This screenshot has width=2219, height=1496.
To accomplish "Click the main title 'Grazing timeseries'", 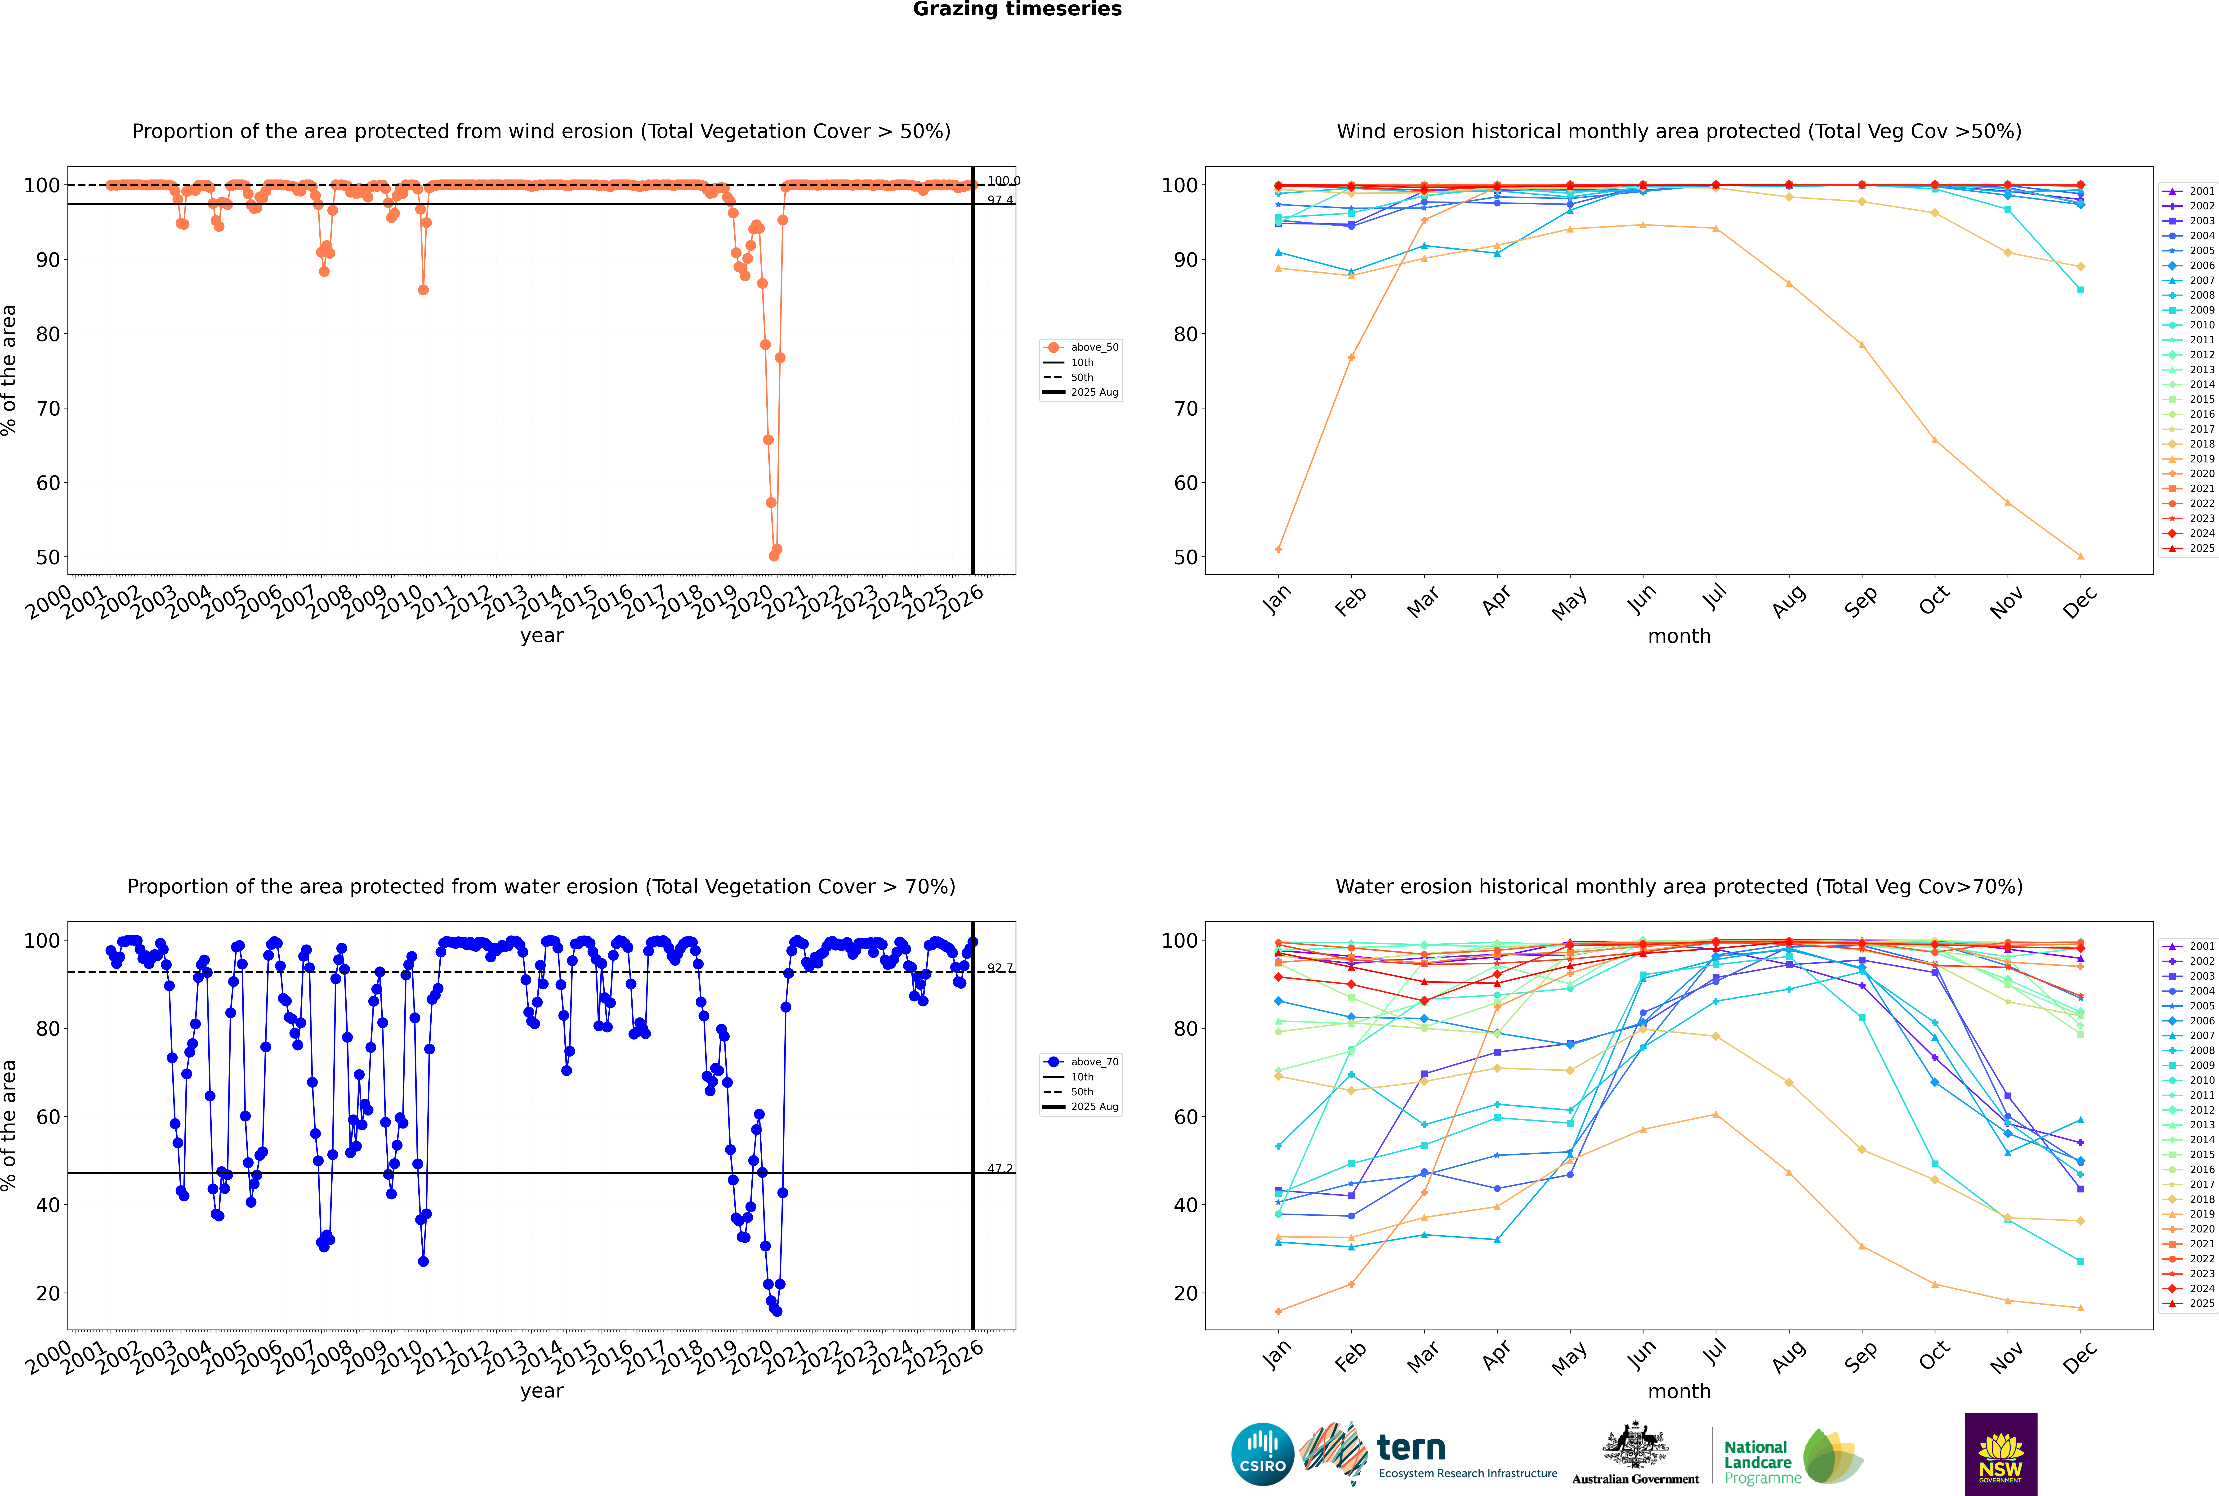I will click(1017, 9).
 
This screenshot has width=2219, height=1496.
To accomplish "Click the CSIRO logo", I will click(1262, 1454).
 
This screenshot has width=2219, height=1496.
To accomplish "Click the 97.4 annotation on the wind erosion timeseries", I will click(1000, 200).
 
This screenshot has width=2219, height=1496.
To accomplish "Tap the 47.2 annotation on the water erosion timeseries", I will click(1000, 1169).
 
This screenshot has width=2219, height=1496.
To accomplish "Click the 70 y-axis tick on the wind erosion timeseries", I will click(48, 408).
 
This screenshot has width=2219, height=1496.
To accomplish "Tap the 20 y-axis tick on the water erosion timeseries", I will click(48, 1294).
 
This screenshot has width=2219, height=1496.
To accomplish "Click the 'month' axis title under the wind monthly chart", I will click(1679, 636).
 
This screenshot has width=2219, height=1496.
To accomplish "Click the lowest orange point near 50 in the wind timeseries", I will click(774, 556).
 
